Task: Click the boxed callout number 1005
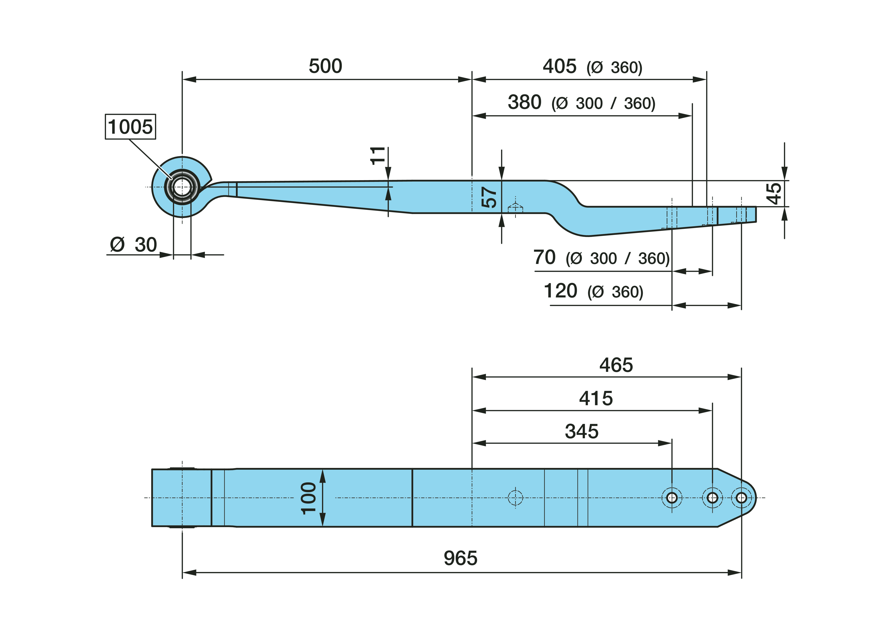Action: (x=130, y=127)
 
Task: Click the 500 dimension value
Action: (x=325, y=66)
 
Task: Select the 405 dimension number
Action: (x=559, y=66)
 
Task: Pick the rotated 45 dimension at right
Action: (x=774, y=194)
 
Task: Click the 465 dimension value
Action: (x=616, y=365)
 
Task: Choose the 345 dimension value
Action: (x=582, y=431)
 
